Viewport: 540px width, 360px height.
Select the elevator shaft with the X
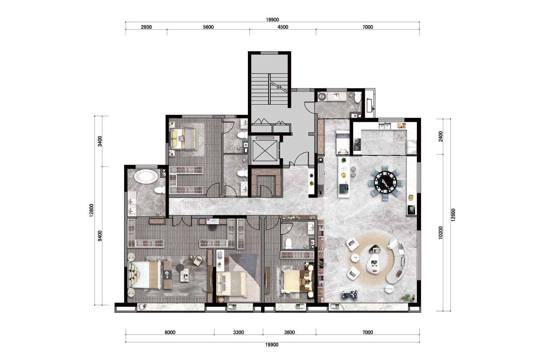(265, 150)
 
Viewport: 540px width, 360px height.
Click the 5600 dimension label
(208, 27)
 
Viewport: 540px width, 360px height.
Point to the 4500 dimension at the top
(283, 27)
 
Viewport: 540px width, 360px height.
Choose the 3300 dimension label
(238, 332)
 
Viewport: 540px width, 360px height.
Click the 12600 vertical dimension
(453, 215)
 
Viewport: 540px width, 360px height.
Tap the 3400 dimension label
(100, 141)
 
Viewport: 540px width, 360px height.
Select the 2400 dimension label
(441, 136)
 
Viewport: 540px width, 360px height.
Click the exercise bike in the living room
(350, 294)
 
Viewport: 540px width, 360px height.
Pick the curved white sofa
(398, 261)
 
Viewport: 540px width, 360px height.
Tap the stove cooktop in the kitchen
(357, 145)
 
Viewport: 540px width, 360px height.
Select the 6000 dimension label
(170, 332)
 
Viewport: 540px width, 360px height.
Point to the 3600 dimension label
(289, 332)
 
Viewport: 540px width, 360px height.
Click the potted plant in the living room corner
(408, 297)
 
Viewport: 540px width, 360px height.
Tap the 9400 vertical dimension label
(100, 235)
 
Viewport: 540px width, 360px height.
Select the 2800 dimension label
(146, 27)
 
